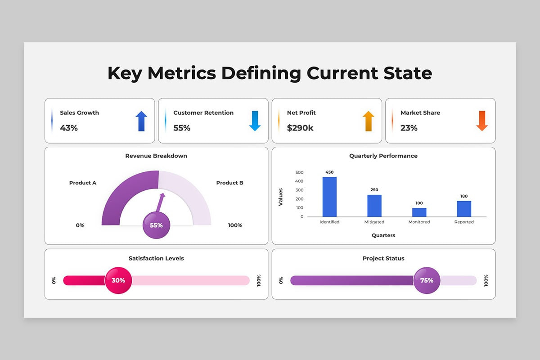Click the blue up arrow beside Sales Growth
point(141,121)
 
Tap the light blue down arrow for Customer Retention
point(255,121)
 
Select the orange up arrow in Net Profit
point(369,121)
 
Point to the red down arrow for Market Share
point(482,121)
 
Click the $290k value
point(300,128)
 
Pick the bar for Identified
point(329,197)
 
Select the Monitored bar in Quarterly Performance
point(419,212)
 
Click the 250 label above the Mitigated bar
point(374,190)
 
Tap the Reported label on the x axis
point(464,222)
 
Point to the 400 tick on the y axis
point(299,181)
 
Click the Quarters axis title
point(383,235)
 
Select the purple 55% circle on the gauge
point(156,225)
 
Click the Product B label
point(229,183)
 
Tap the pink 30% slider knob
point(118,280)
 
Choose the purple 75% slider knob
point(427,280)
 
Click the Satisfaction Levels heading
point(156,258)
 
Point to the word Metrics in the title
point(182,73)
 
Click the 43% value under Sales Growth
point(69,128)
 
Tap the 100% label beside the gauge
point(235,225)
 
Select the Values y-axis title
point(280,197)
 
